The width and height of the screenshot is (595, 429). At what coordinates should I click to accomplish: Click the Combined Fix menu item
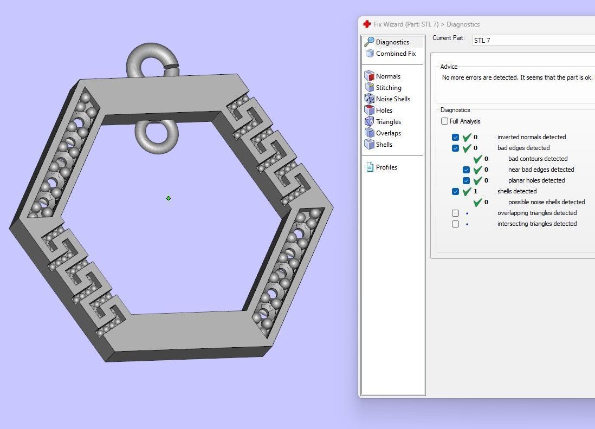click(396, 54)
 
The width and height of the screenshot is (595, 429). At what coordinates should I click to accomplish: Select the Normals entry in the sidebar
click(388, 76)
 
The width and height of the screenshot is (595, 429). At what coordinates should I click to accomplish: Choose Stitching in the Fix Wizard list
click(389, 88)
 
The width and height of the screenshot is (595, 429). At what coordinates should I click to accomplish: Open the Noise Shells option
click(393, 99)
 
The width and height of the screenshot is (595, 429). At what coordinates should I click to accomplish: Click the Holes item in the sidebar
click(384, 110)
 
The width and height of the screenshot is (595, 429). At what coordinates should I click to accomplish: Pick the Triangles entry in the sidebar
click(389, 122)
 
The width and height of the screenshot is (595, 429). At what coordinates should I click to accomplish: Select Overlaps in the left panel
click(389, 133)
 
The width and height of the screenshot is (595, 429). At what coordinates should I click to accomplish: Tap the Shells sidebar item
click(384, 145)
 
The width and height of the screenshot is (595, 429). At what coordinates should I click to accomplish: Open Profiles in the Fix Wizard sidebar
click(386, 167)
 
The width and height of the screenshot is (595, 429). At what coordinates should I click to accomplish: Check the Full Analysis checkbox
click(445, 121)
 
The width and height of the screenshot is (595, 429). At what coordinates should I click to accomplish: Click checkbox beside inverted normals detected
click(455, 138)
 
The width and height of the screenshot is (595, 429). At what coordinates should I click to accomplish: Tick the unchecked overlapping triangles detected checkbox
click(455, 213)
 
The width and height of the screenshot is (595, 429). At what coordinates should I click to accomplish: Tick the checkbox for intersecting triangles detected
click(455, 224)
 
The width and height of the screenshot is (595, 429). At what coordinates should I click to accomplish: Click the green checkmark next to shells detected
click(467, 192)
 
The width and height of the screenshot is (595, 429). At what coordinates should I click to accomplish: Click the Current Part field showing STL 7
click(531, 41)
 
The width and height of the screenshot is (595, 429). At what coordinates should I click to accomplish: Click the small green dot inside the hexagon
click(169, 198)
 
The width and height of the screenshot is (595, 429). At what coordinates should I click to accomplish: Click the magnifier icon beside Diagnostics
click(369, 42)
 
